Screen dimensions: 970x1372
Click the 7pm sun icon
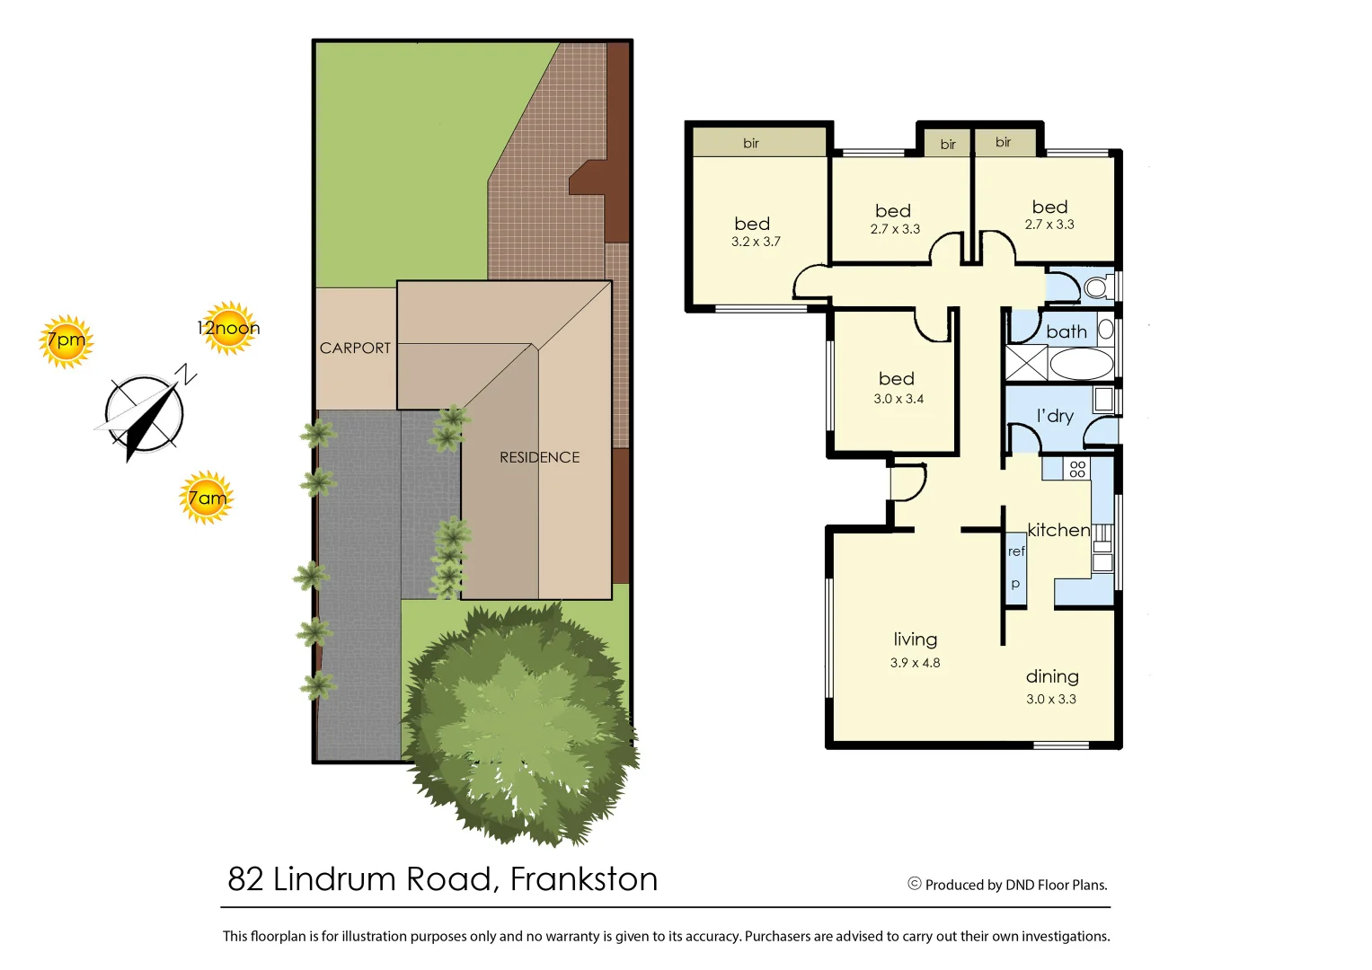[x=66, y=341]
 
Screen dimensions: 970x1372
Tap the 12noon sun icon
[x=228, y=328]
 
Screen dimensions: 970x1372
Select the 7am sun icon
[x=207, y=498]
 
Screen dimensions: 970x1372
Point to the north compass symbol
[x=146, y=414]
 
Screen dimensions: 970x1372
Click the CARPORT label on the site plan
[x=355, y=348]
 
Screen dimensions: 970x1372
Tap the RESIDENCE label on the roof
[x=539, y=457]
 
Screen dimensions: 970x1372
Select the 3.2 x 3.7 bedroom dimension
[x=756, y=242]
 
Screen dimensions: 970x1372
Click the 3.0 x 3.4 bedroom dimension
[x=898, y=399]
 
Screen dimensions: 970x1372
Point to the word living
[x=915, y=639]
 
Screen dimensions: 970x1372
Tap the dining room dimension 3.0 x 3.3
[x=1051, y=699]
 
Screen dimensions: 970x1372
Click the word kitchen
[x=1058, y=530]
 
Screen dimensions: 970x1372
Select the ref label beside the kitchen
[x=1016, y=551]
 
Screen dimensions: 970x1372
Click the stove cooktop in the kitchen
[x=1077, y=469]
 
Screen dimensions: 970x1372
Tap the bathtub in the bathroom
[x=1081, y=364]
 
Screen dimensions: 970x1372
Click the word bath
[x=1067, y=331]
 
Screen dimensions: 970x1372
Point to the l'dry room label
[x=1055, y=416]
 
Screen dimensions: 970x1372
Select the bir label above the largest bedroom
[x=751, y=143]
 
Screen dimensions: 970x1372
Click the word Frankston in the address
[x=584, y=878]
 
